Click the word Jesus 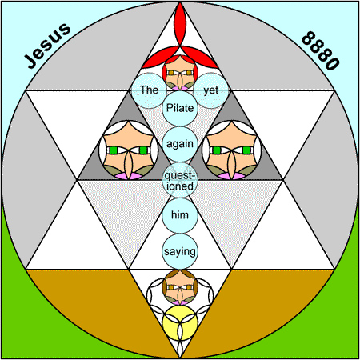[x=47, y=46]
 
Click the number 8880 [x=321, y=50]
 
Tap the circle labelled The [x=149, y=90]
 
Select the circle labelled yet [x=211, y=90]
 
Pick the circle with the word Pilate [x=180, y=108]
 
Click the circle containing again [x=180, y=144]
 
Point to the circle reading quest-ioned [x=180, y=180]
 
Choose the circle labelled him [x=180, y=215]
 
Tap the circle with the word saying [x=180, y=251]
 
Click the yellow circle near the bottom [x=180, y=323]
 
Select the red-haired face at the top [x=180, y=73]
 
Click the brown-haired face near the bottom [x=180, y=287]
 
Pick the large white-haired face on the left [x=129, y=150]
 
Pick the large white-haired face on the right [x=231, y=150]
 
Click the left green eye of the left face [x=114, y=150]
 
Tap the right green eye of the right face [x=246, y=150]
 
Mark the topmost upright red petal [x=180, y=25]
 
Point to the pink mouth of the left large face [x=129, y=176]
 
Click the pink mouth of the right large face [x=231, y=176]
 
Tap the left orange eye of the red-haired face [x=171, y=73]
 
